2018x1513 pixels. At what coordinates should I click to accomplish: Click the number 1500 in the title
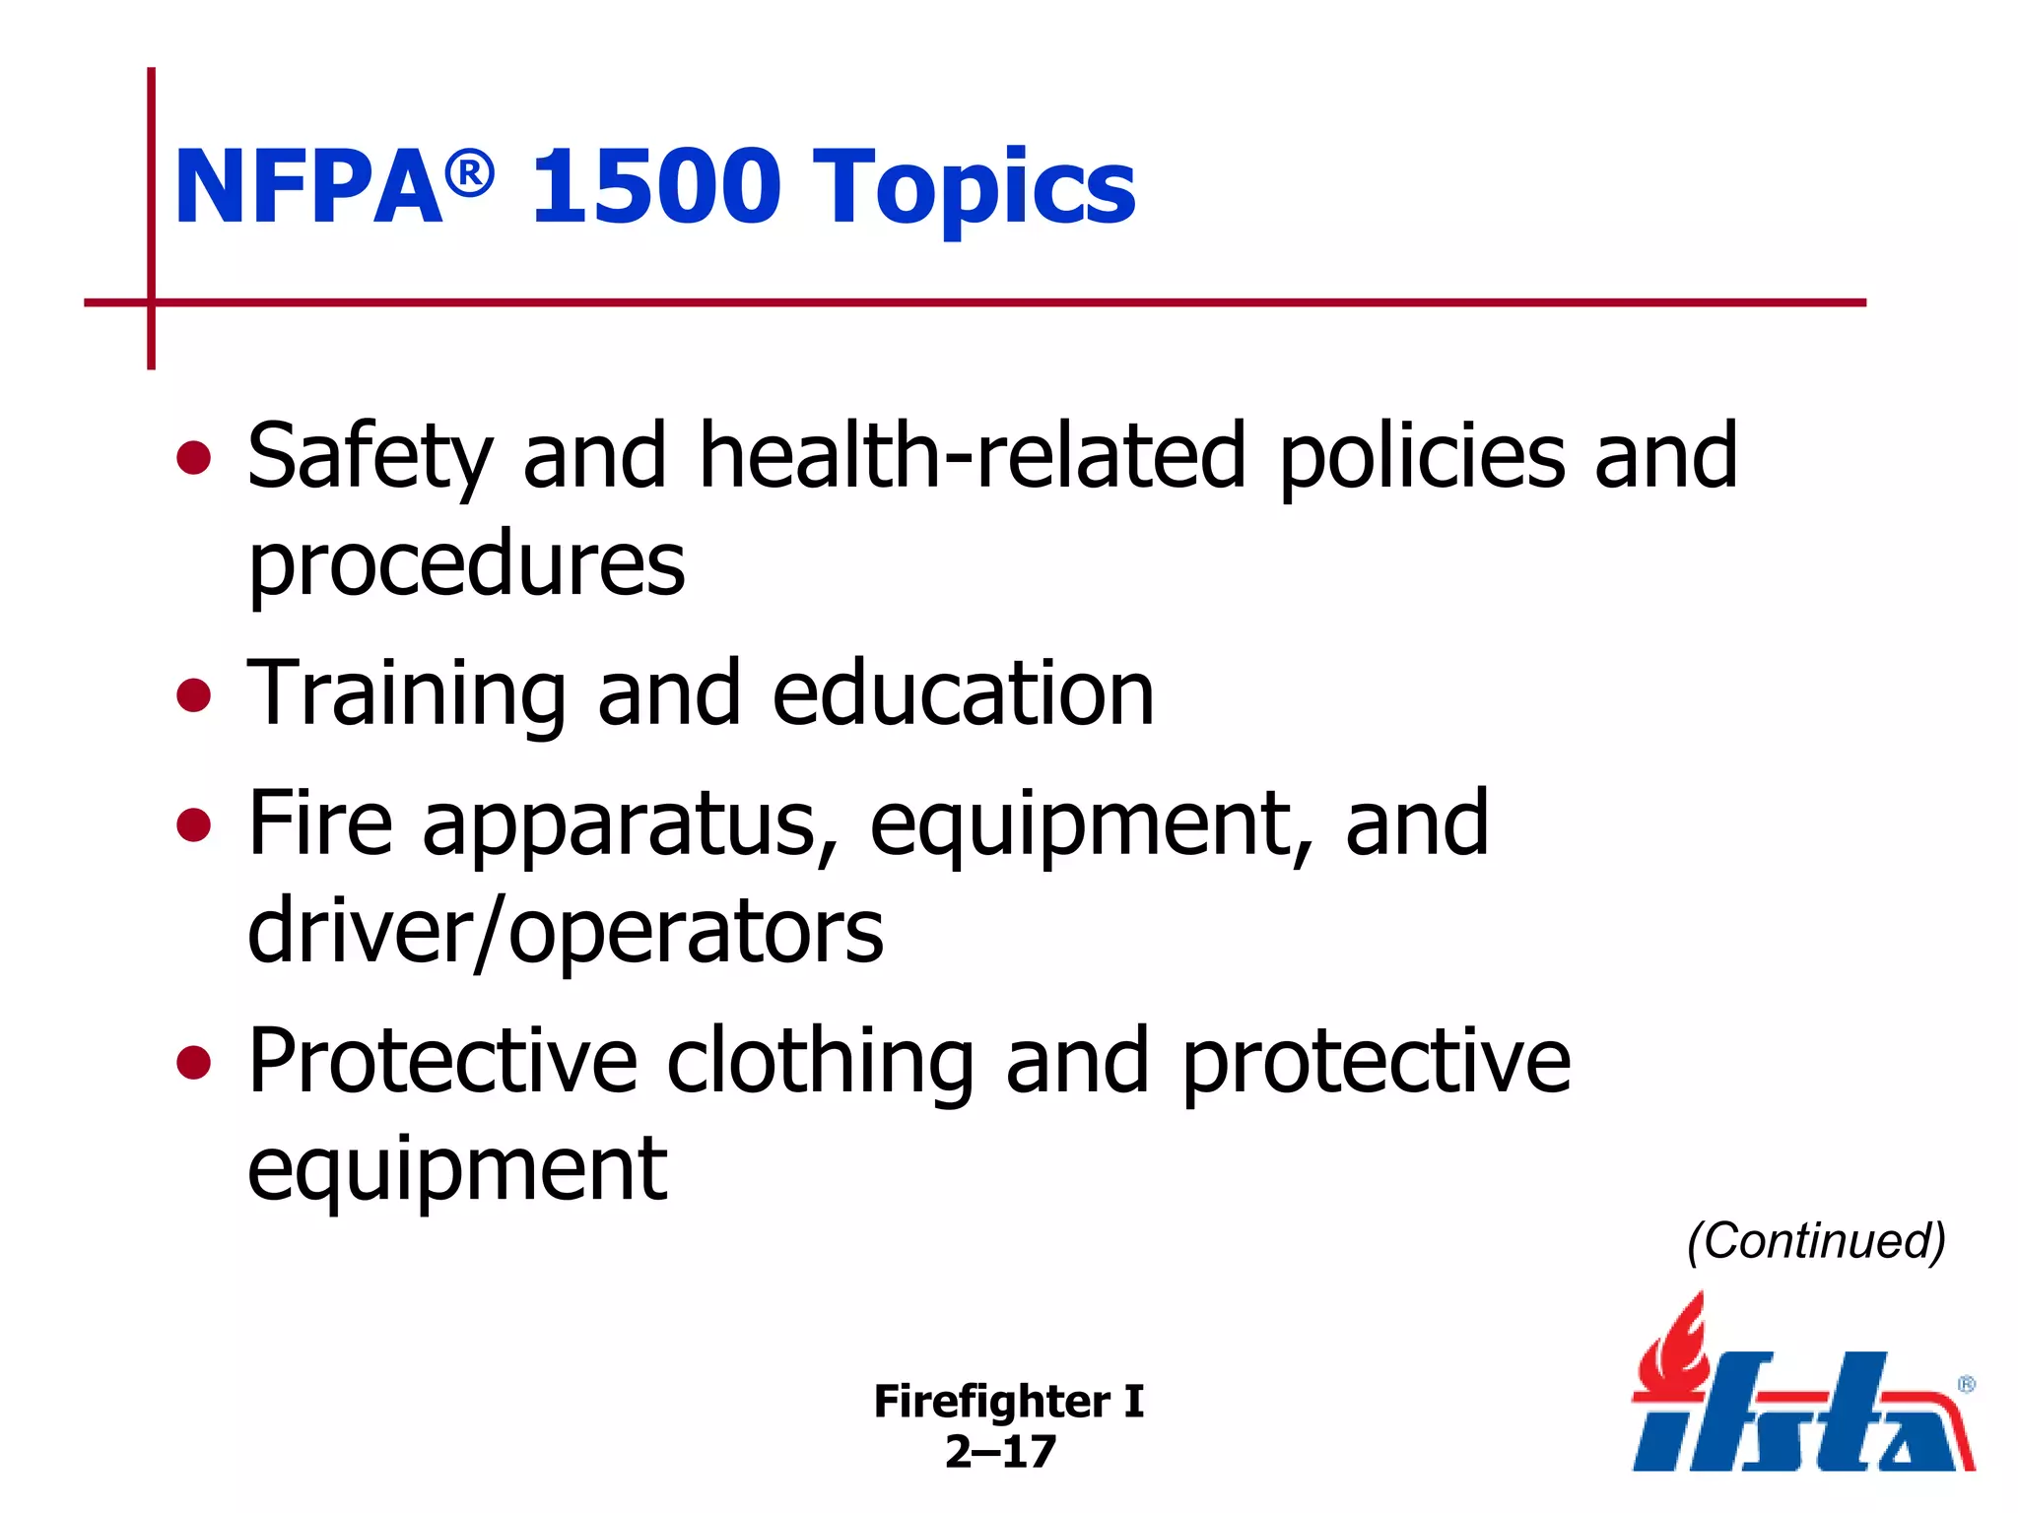pos(655,185)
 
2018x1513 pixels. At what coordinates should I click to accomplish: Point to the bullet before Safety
pos(194,458)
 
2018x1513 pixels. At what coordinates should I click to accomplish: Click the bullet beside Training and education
pos(194,694)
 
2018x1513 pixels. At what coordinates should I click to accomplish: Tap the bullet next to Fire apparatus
pos(194,825)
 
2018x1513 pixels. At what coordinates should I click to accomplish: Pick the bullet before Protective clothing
pos(194,1063)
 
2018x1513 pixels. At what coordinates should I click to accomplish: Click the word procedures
pos(466,566)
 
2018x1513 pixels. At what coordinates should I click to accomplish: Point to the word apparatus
pos(630,827)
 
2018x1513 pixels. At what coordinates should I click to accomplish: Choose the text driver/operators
pos(566,932)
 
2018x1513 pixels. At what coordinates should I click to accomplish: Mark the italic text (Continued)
pos(1816,1240)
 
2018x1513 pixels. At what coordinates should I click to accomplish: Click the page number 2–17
pos(1000,1451)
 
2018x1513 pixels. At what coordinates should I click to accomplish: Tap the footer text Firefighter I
pos(1008,1401)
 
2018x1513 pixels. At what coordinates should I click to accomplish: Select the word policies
pos(1421,458)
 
